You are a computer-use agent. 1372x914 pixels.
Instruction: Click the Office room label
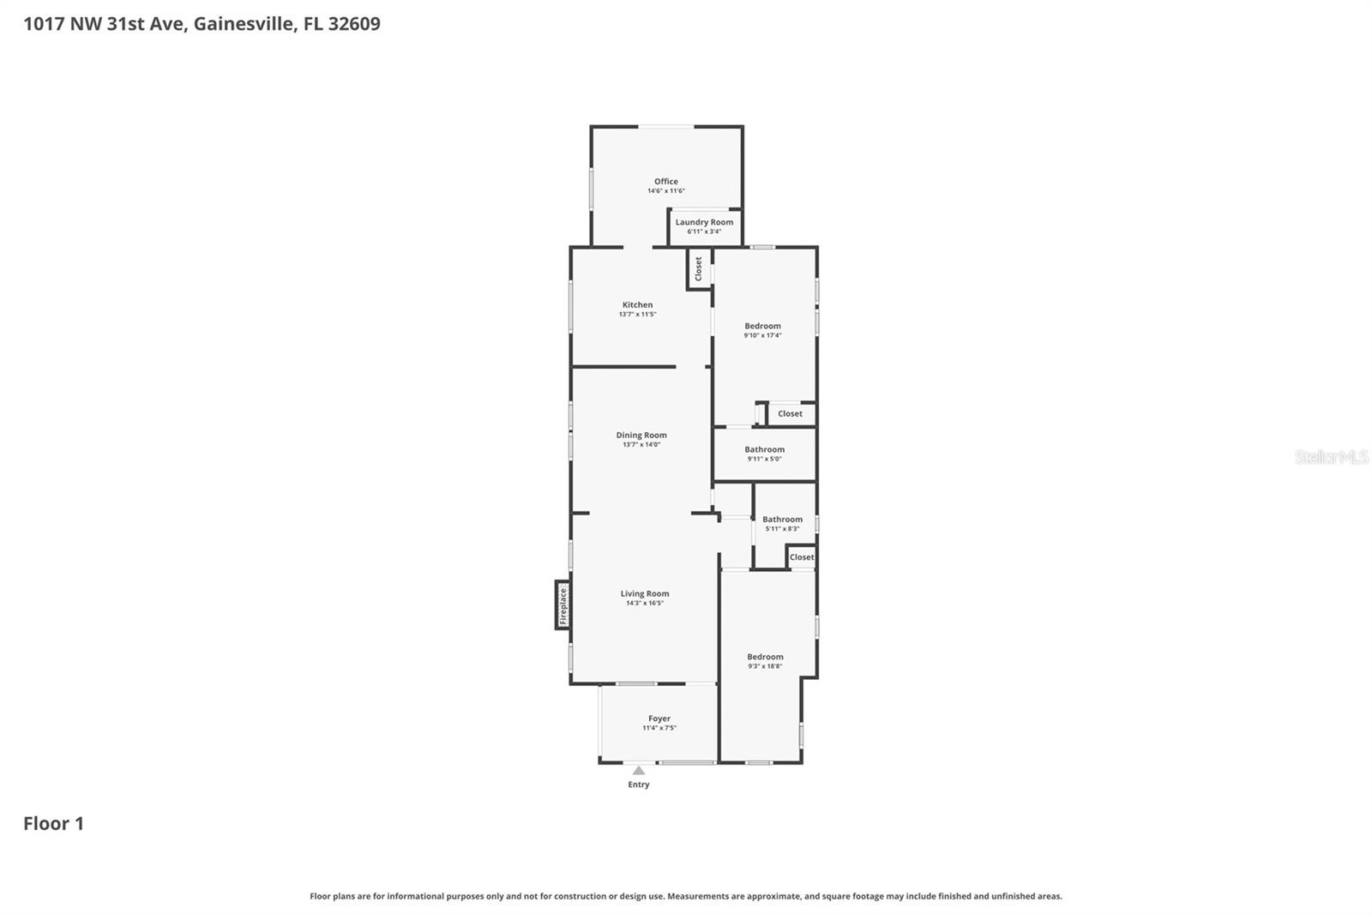(665, 181)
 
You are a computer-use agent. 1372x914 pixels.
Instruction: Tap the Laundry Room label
(704, 222)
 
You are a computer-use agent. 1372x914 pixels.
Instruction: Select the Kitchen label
(637, 304)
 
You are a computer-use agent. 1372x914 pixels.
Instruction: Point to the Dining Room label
(641, 435)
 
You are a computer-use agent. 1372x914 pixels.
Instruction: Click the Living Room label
(645, 593)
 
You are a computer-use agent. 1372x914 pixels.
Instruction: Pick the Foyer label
(659, 719)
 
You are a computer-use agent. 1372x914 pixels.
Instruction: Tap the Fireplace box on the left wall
(563, 605)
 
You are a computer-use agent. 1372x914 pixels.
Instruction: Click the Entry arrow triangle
(639, 770)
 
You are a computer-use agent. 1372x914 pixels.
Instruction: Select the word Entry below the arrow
(639, 785)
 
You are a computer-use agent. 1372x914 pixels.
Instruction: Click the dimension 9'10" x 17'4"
(762, 335)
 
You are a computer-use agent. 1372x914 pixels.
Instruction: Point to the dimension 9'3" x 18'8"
(765, 666)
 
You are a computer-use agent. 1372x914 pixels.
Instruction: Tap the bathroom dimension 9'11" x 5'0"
(764, 459)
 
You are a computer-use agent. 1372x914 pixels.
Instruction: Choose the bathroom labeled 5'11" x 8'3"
(782, 520)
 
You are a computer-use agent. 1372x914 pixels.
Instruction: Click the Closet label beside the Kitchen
(699, 268)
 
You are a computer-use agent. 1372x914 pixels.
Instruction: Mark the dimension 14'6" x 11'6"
(665, 191)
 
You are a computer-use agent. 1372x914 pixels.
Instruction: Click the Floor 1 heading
(53, 823)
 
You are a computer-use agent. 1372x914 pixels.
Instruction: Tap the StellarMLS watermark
(1331, 457)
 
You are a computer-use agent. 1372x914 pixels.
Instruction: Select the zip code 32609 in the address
(354, 23)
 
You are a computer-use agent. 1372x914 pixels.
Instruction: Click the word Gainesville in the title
(244, 23)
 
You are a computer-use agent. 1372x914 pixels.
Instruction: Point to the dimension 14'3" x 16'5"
(645, 604)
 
